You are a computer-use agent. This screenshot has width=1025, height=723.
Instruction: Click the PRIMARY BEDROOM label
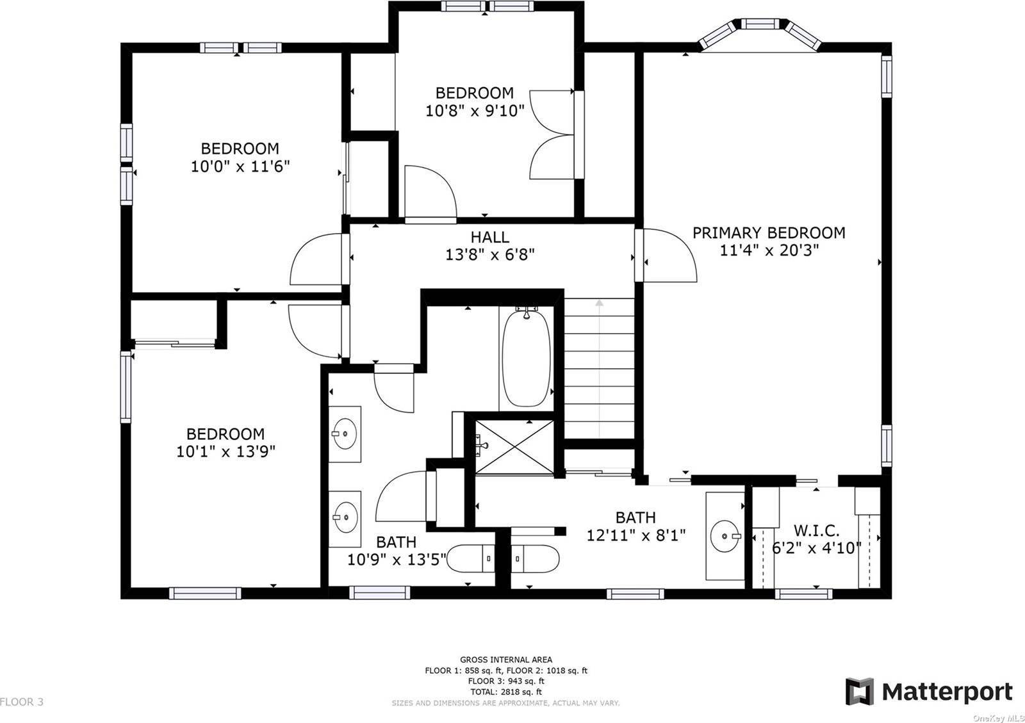pyautogui.click(x=768, y=233)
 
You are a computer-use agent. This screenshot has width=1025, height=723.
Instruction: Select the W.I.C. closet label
pyautogui.click(x=816, y=531)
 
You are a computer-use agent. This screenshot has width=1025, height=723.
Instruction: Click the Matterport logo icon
pyautogui.click(x=860, y=692)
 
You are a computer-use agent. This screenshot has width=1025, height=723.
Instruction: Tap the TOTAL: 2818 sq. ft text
pyautogui.click(x=505, y=692)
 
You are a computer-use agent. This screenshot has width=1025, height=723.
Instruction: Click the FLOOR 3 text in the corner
pyautogui.click(x=22, y=702)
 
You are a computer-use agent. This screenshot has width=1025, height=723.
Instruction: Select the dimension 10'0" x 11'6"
pyautogui.click(x=240, y=167)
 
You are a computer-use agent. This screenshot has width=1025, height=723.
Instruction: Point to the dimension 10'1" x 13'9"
pyautogui.click(x=225, y=451)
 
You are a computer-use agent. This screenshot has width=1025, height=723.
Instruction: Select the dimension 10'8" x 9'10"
pyautogui.click(x=475, y=110)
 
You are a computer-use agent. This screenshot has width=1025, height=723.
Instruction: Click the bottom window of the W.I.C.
pyautogui.click(x=803, y=594)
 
